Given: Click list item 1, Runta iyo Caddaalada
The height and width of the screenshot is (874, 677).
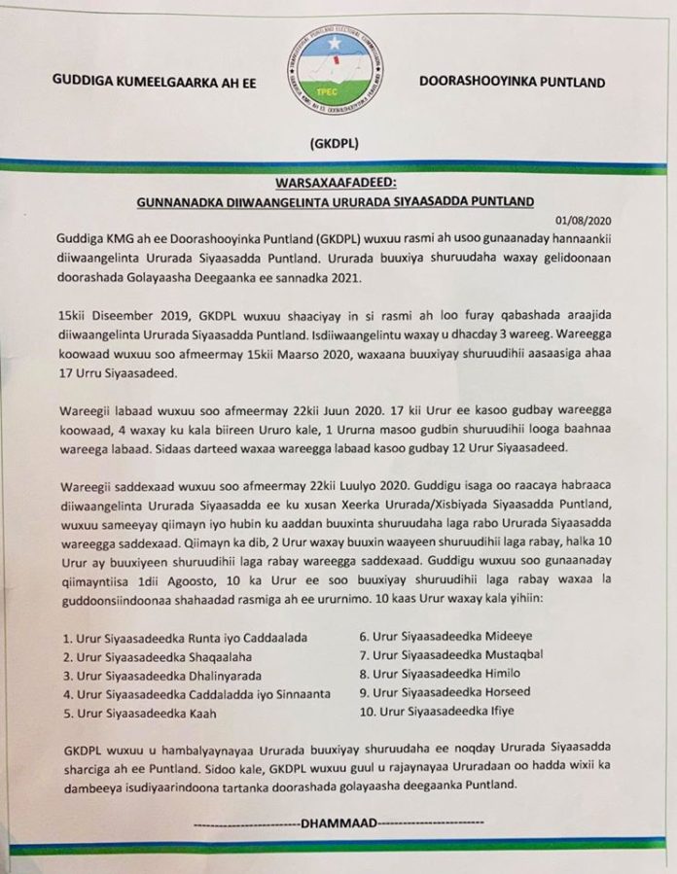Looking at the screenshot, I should pos(170,639).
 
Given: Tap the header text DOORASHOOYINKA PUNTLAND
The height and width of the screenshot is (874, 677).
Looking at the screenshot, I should pos(511,83).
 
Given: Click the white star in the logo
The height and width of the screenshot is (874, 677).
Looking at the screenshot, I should pos(334,44).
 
